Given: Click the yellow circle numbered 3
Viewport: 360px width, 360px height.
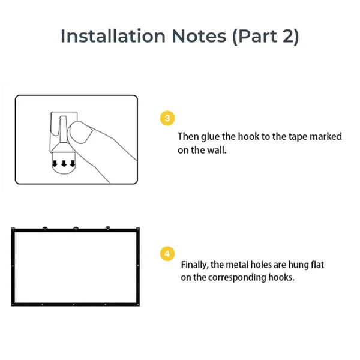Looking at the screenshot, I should pos(167,118).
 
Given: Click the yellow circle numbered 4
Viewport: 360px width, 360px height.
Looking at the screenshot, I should pos(167,253).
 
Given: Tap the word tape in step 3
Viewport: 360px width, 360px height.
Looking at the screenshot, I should pos(298,137).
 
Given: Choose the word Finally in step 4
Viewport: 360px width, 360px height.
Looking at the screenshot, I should pos(194,265).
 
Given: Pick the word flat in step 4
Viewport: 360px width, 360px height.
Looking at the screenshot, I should pos(316,265).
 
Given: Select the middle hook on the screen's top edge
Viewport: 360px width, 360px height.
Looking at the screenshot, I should pos(76,228).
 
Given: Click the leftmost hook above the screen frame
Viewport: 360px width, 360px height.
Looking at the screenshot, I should pos(45,228).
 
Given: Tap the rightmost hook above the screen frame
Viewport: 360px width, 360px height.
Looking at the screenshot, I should pos(108,228).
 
